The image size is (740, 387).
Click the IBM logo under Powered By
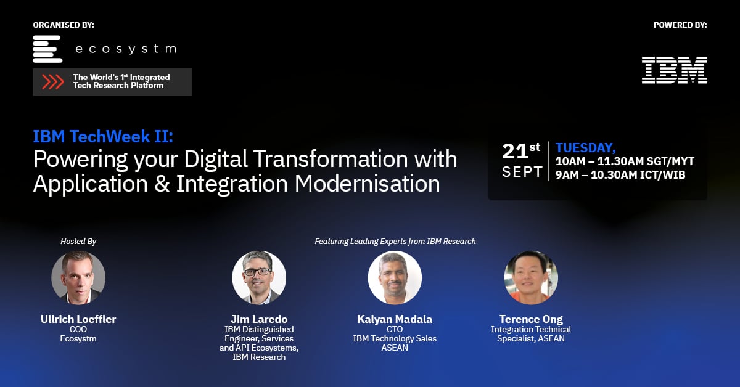pos(674,70)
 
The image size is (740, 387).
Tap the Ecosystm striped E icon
pos(47,49)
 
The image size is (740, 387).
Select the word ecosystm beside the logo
pos(125,49)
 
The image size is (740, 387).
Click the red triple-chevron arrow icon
pos(53,82)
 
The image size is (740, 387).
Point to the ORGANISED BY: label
pos(64,25)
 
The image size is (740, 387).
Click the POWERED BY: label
pos(680,25)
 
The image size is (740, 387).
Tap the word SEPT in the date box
pos(522,172)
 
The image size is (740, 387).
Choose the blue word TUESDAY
pos(585,147)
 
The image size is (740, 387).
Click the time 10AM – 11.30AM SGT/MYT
pos(625,161)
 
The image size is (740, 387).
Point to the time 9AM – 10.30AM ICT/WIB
pos(620,174)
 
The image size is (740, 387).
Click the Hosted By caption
pos(78,242)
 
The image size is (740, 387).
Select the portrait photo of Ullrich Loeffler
pos(78,278)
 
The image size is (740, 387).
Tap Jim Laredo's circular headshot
pos(259,278)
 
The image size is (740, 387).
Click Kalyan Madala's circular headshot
pos(395,278)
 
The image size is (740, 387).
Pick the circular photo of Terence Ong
pos(531,278)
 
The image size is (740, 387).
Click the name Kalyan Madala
pos(395,319)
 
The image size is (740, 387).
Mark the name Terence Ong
pos(531,319)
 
